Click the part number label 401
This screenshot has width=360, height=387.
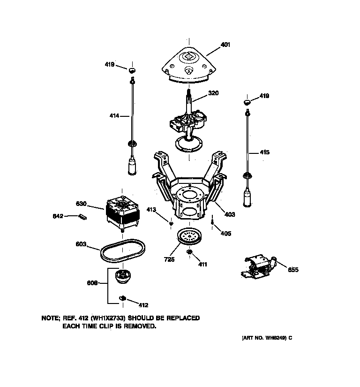(x=225, y=45)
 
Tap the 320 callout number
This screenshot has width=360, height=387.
(x=213, y=93)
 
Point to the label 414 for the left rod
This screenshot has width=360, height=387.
(x=114, y=115)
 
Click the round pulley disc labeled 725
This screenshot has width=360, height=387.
(x=189, y=238)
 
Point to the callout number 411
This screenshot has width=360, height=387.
(x=202, y=265)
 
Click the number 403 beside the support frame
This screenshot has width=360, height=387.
(x=230, y=214)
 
